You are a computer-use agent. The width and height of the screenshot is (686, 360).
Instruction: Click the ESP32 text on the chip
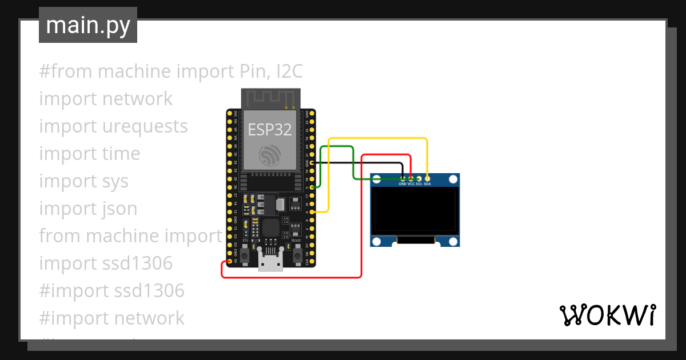270,130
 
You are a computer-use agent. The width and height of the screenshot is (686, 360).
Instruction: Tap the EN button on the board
245,256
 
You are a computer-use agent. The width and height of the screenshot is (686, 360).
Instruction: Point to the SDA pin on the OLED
427,179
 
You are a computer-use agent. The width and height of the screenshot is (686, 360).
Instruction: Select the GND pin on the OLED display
402,179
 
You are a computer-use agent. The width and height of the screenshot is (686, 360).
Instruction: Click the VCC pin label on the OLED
410,184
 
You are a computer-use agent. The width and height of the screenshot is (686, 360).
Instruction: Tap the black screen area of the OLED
414,211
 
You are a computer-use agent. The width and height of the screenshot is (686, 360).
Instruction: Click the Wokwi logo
607,315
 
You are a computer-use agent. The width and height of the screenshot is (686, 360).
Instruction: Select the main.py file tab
88,25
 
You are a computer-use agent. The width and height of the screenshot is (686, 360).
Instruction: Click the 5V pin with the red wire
230,262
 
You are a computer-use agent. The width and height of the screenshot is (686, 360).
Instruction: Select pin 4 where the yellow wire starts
312,212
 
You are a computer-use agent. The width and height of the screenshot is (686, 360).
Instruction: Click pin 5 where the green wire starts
312,187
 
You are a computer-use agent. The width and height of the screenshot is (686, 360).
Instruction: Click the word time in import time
118,154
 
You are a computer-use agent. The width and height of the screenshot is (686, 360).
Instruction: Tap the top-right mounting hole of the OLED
453,180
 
